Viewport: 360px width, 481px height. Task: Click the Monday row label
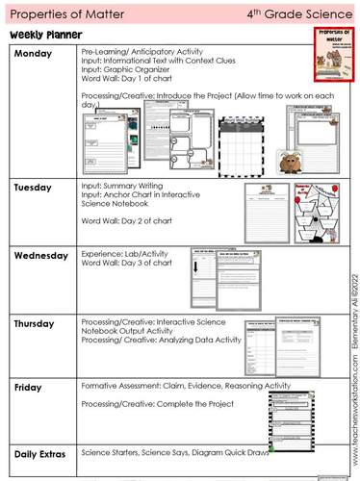pos(36,53)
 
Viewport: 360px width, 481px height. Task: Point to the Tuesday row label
pos(36,189)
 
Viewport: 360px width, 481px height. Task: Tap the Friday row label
pos(30,387)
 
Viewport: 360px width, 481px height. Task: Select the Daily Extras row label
pos(43,452)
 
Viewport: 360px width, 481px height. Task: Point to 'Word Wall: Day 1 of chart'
pos(122,79)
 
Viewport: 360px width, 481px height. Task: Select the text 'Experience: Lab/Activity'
pos(121,253)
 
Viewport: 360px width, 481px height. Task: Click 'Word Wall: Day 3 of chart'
pos(122,263)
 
